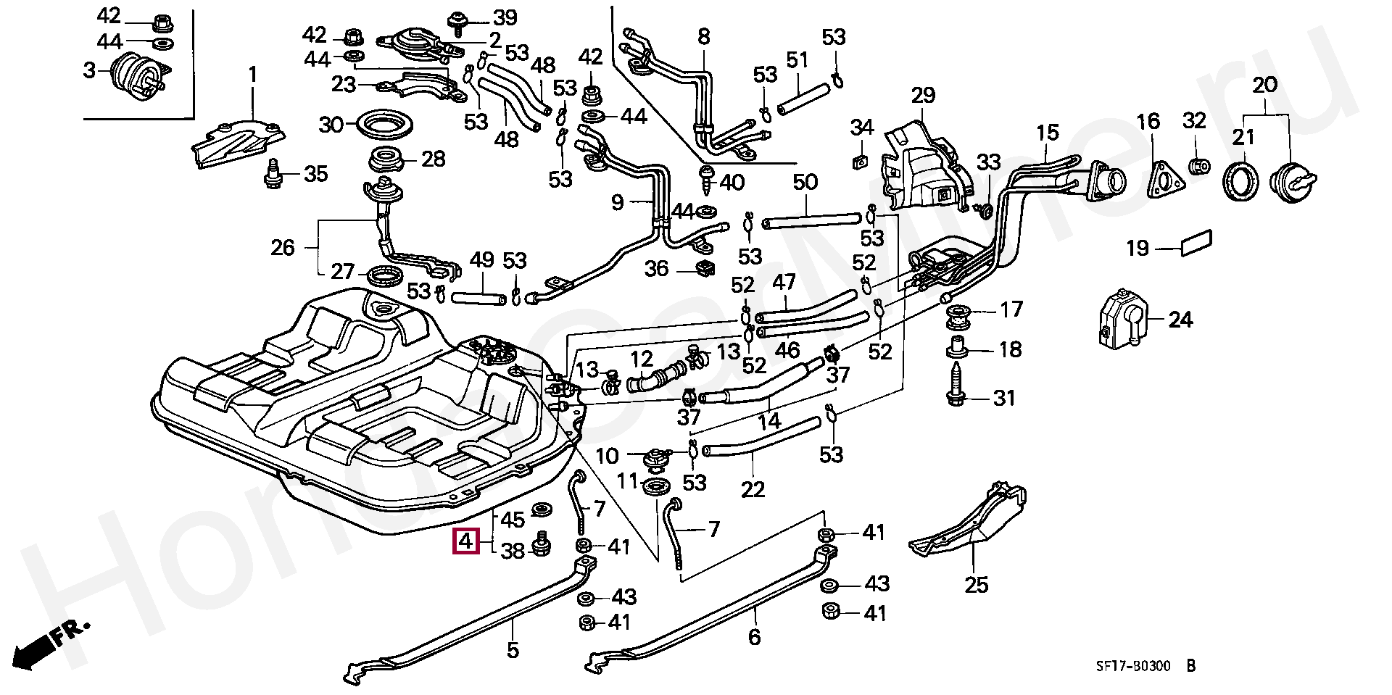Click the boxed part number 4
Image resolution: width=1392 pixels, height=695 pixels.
pos(465,541)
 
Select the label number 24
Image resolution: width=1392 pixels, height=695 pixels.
pos(1180,319)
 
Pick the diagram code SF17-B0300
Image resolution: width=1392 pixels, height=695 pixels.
pos(1132,667)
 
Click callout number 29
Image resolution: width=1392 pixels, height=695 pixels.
pos(923,96)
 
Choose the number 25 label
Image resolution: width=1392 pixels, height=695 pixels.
pos(977,584)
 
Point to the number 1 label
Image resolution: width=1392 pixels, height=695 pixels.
pos(252,75)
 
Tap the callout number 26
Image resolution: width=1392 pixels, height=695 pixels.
pos(283,248)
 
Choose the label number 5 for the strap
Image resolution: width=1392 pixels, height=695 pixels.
pos(513,650)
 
